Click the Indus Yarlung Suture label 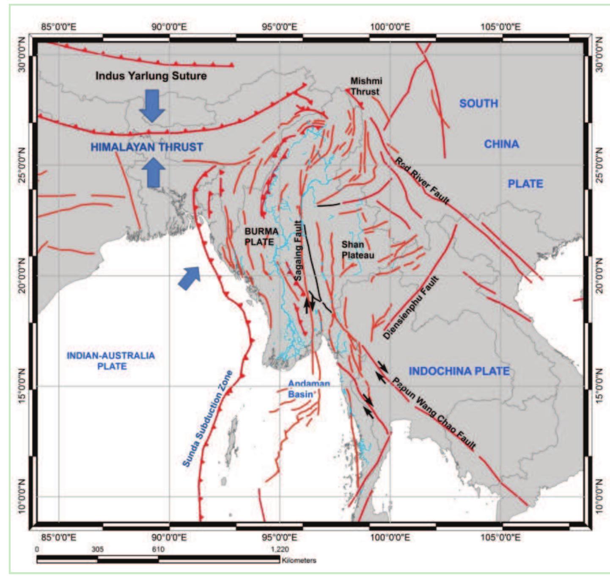pos(151,76)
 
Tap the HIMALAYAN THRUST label pos(147,147)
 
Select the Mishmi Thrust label pos(366,86)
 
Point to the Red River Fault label pos(422,180)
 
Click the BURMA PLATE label pos(261,237)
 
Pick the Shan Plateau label pos(358,250)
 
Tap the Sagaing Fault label pos(298,251)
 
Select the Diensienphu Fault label pos(411,307)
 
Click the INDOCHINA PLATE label pos(459,371)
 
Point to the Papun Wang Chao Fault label pos(434,413)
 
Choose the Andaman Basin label pos(309,389)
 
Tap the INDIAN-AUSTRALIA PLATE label pos(111,361)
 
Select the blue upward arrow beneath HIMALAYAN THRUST pos(153,172)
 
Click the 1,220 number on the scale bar pos(280,549)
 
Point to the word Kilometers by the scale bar pos(299,560)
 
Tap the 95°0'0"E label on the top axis pos(279,27)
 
